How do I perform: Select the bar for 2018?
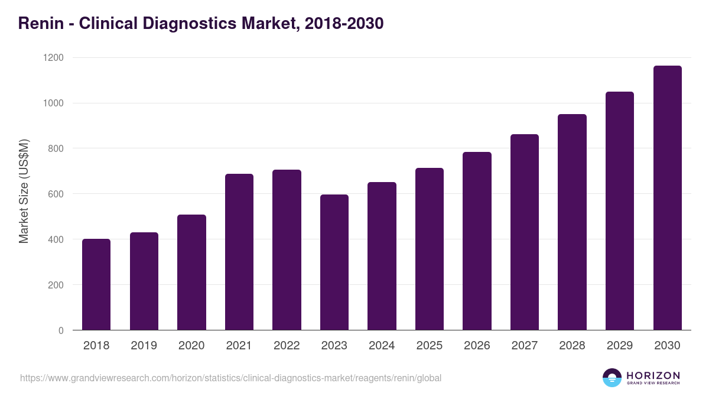coord(96,284)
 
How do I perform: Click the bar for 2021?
coord(239,252)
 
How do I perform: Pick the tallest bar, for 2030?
coord(667,198)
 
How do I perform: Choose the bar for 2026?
coord(477,241)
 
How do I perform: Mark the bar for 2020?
coord(191,272)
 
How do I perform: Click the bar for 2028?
coord(572,222)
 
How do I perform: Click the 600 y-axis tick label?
coord(56,194)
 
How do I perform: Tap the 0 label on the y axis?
coord(60,330)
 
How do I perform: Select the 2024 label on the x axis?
coord(382,346)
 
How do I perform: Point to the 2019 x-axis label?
coord(144,346)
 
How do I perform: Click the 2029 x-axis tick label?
coord(620,346)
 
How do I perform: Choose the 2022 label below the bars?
coord(287,346)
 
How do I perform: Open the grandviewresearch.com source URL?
coord(230,378)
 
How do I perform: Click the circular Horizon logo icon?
coord(612,378)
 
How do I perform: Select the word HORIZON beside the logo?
coord(653,375)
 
